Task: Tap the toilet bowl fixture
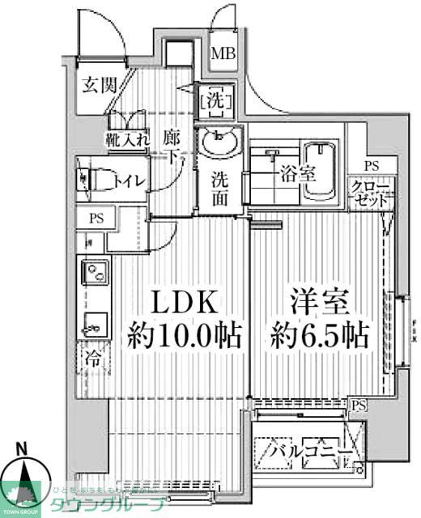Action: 91,180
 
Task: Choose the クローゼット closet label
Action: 372,195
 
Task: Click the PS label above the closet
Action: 371,166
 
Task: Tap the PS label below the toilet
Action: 96,218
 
